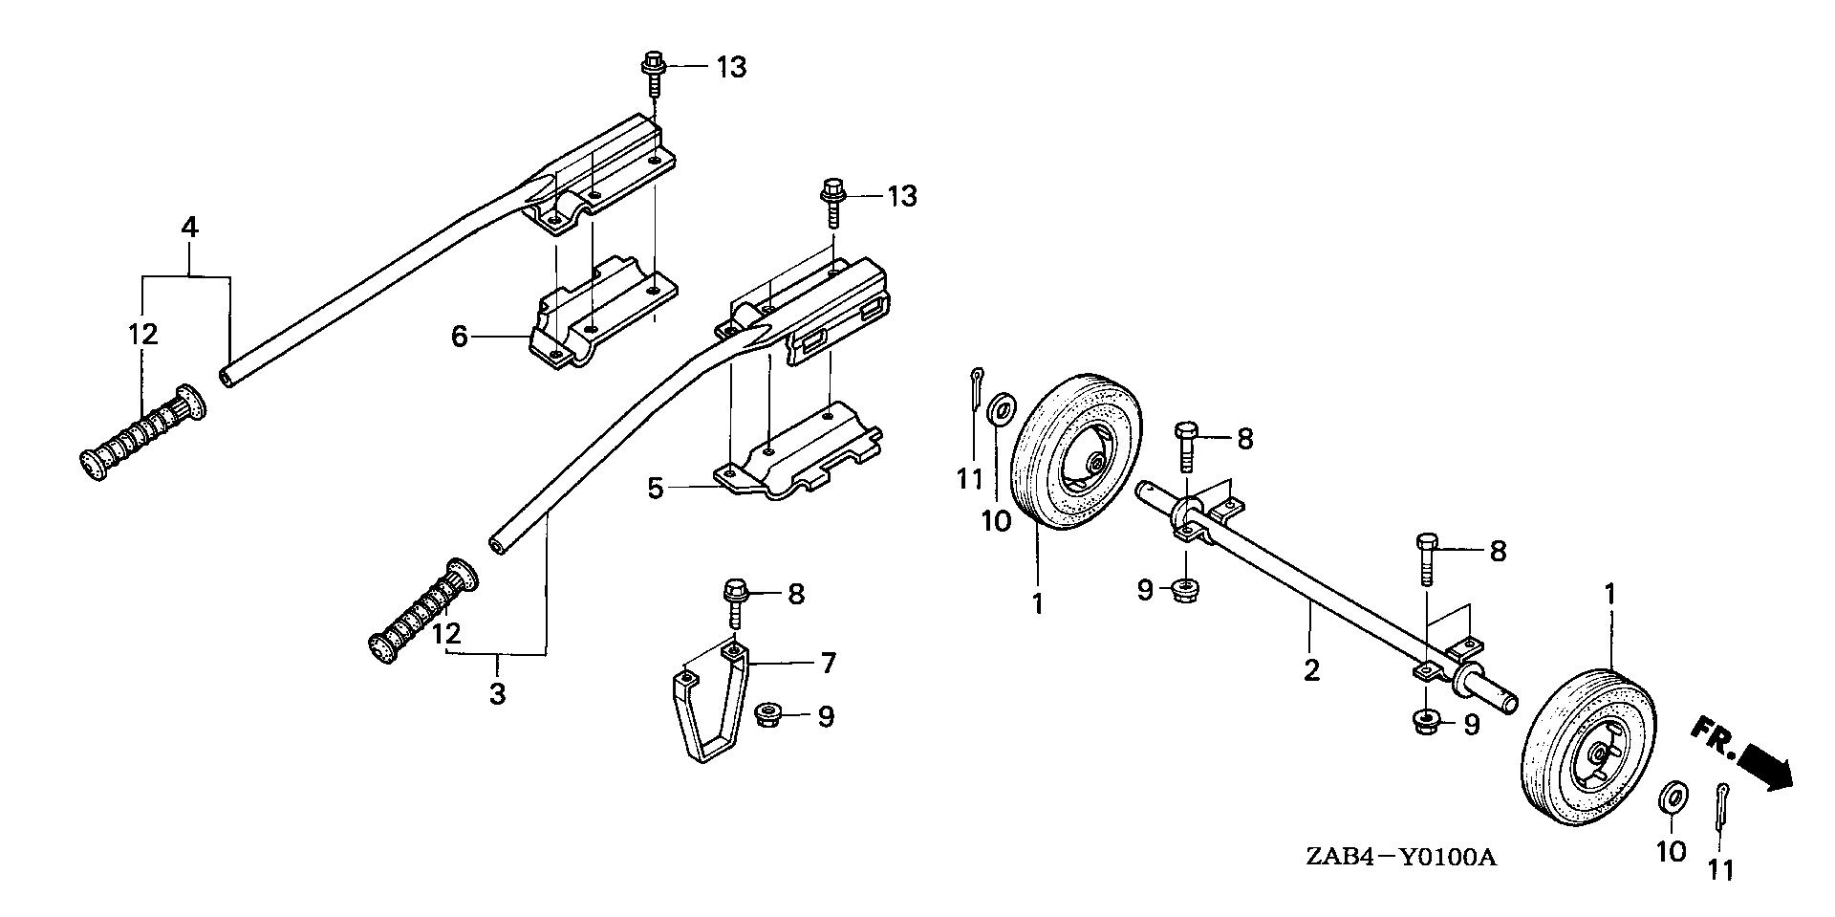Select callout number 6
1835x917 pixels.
pos(460,337)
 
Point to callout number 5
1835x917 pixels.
pos(655,489)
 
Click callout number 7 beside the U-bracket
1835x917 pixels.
pos(828,662)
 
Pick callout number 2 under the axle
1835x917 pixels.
pos(1311,669)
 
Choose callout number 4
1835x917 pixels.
pos(189,228)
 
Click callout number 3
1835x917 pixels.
pos(497,693)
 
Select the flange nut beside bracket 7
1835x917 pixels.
pos(766,714)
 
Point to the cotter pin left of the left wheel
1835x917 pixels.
pos(976,387)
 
